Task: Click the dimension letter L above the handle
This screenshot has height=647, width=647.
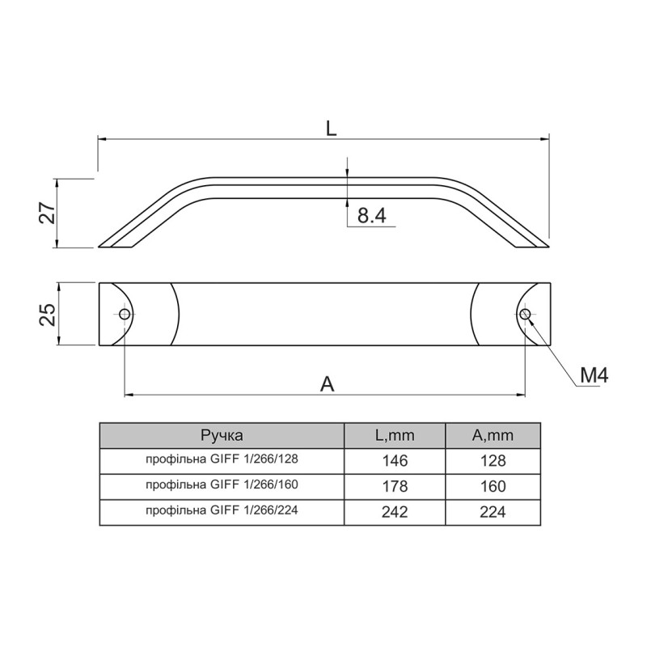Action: (331, 129)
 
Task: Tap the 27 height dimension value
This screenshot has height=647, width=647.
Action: (48, 213)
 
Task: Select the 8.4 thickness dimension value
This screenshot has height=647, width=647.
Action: (371, 215)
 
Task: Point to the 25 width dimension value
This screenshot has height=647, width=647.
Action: (48, 315)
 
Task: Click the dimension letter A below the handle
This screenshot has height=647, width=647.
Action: (328, 384)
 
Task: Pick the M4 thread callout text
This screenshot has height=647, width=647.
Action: (594, 375)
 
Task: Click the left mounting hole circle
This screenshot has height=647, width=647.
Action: (125, 315)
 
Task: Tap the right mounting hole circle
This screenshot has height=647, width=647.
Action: (525, 315)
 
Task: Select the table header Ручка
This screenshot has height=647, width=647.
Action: (222, 435)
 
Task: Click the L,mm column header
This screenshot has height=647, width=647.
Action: (395, 435)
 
